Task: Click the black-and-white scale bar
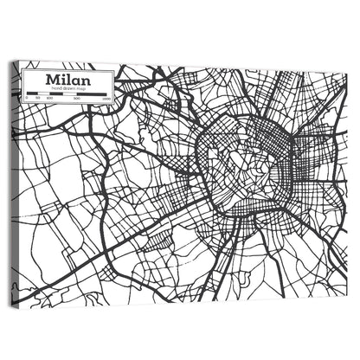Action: (69, 93)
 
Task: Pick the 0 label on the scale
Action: (27, 98)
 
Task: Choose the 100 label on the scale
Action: (48, 98)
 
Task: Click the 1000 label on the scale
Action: (106, 98)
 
